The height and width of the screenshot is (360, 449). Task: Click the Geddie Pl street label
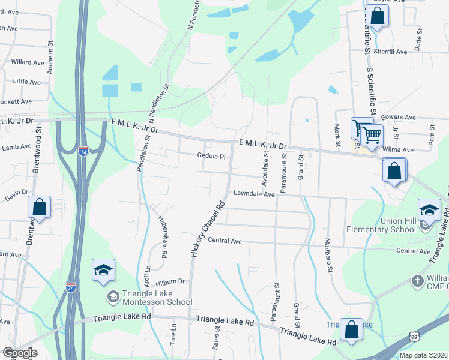[211, 157]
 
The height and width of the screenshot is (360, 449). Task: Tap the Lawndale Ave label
[254, 194]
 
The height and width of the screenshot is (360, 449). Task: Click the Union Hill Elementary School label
[390, 229]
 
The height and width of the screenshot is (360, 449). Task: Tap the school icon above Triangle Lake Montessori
[103, 270]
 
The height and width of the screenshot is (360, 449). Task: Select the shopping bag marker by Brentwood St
[39, 208]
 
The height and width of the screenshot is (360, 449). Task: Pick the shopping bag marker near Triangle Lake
[351, 329]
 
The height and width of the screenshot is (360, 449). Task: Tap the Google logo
[20, 353]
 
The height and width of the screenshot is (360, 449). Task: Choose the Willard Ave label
[28, 62]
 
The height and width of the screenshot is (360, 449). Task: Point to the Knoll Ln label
[147, 276]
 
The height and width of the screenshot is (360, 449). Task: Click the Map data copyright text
[424, 355]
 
